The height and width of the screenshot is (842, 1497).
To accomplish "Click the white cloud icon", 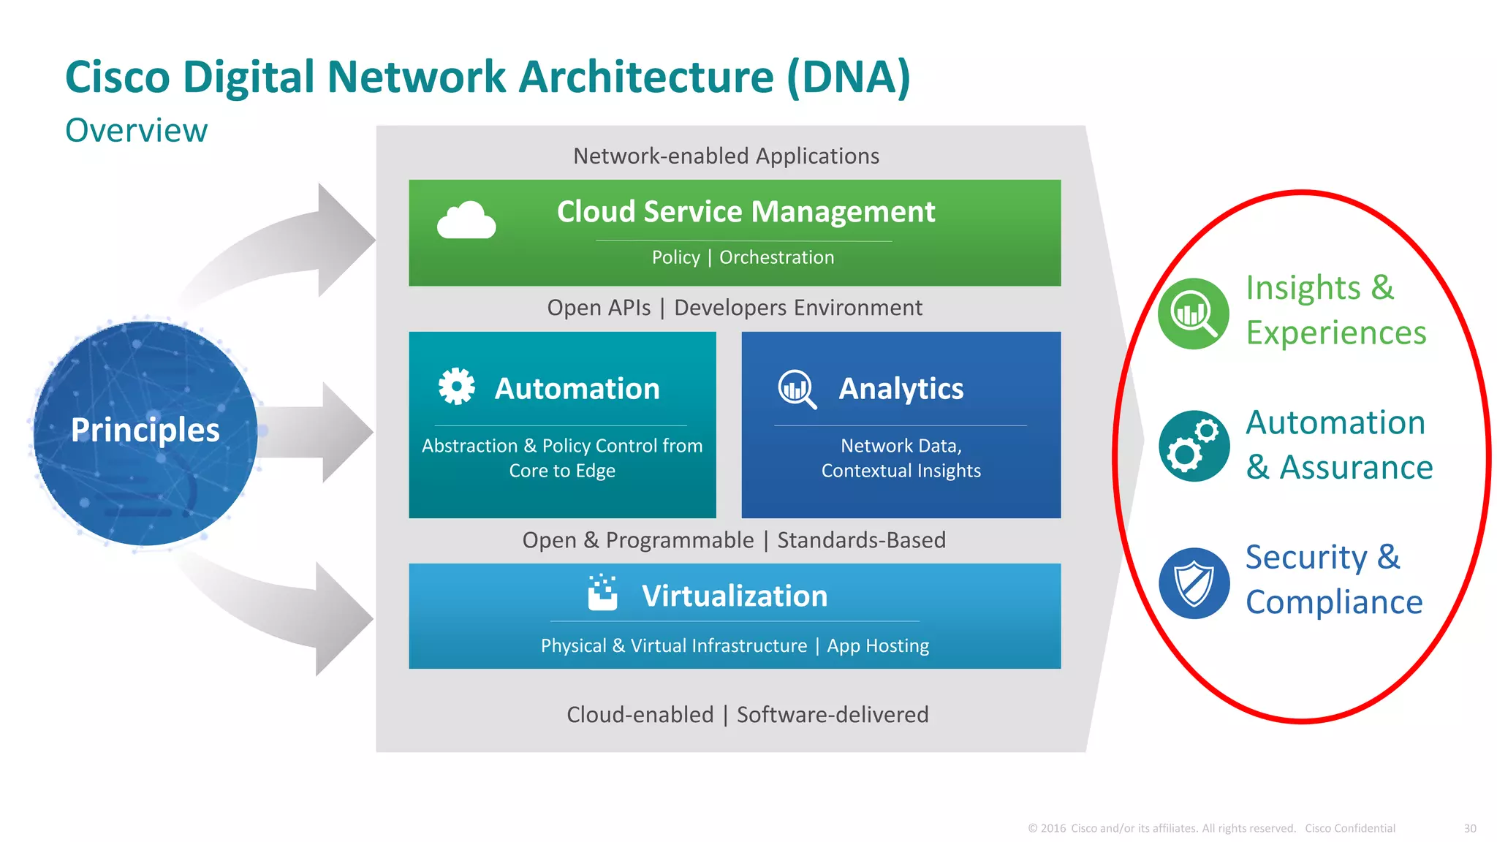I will tap(466, 220).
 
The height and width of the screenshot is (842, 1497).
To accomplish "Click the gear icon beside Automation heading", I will tap(456, 386).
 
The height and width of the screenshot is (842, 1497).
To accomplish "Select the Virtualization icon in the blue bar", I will tap(602, 593).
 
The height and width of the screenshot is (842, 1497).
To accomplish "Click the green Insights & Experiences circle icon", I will tap(1194, 314).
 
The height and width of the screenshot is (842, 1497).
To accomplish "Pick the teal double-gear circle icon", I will tap(1194, 446).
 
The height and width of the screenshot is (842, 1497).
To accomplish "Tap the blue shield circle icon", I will tap(1194, 583).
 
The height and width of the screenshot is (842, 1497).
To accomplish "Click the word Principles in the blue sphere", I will tap(145, 430).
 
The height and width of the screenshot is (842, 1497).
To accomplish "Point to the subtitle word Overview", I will tap(136, 131).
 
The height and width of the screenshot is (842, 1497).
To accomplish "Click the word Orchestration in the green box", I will tap(776, 257).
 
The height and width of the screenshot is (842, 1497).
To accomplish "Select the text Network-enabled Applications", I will tap(726, 156).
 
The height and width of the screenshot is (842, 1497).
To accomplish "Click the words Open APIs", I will tap(599, 308).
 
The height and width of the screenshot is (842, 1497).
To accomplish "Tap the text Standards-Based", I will tap(861, 540).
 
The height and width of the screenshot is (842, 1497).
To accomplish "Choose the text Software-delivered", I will tap(832, 714).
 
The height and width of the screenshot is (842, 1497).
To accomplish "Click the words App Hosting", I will tap(878, 646).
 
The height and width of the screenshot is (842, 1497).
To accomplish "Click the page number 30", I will tap(1470, 828).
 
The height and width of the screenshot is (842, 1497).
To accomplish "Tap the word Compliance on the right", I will tap(1334, 602).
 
